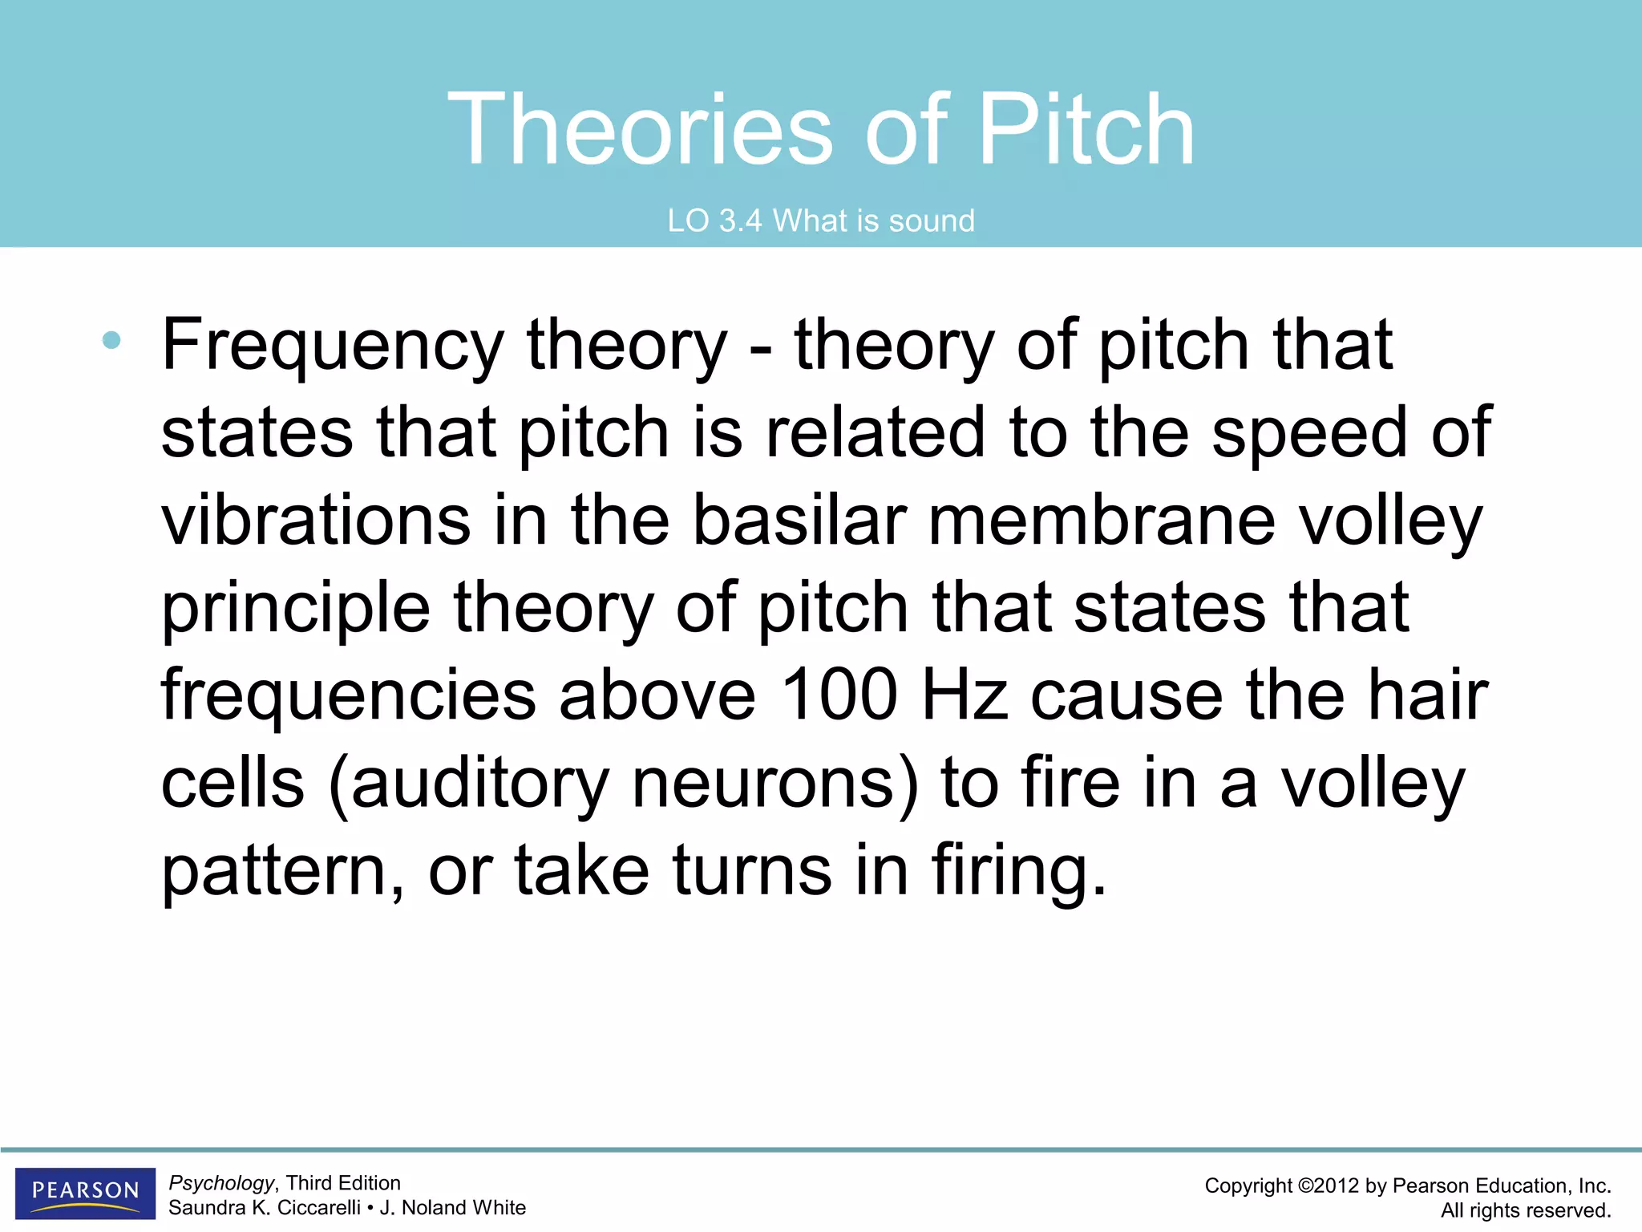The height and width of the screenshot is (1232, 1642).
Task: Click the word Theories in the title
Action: tap(640, 130)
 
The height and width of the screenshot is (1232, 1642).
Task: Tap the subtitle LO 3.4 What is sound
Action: tap(821, 221)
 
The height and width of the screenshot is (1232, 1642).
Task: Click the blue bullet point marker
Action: tap(111, 341)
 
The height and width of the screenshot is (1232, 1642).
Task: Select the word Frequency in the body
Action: tap(333, 346)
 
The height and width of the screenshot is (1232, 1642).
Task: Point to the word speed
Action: tap(1308, 434)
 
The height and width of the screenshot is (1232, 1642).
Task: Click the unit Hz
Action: tap(965, 695)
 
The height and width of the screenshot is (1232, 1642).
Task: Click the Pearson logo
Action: tap(85, 1192)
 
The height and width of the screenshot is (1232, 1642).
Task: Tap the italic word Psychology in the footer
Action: tap(221, 1183)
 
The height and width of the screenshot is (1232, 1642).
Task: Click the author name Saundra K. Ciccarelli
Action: tap(264, 1208)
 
